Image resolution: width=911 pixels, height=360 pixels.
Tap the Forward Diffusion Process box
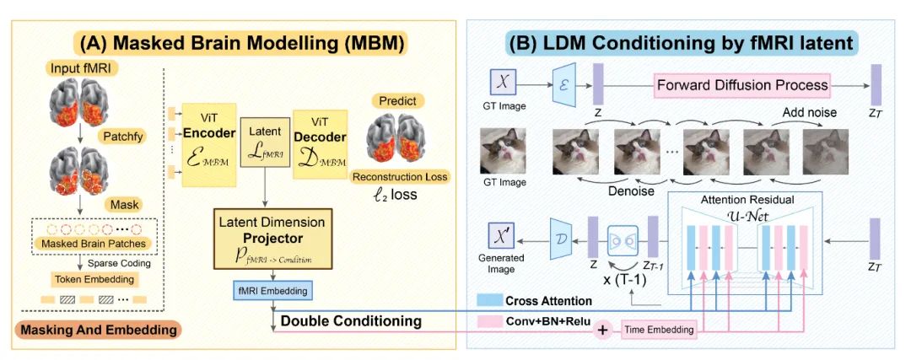click(x=742, y=84)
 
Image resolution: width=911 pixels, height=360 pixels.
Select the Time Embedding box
click(x=658, y=330)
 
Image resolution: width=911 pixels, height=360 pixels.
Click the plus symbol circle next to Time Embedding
click(x=602, y=330)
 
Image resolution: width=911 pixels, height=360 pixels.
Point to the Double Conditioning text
click(x=351, y=321)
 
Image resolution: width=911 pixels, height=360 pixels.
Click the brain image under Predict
click(x=401, y=135)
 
